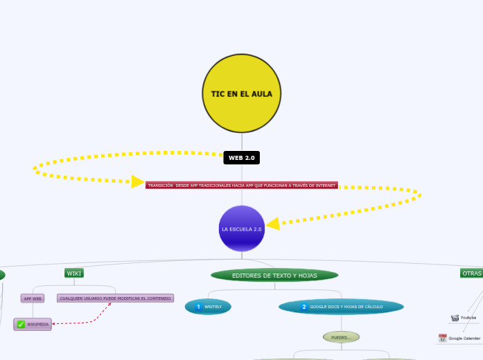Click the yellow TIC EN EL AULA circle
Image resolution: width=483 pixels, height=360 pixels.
pos(242,93)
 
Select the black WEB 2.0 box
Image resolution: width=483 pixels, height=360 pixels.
pos(242,158)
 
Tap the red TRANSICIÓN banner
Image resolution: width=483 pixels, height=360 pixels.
pos(242,186)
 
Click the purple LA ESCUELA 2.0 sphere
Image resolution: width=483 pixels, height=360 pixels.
pos(242,228)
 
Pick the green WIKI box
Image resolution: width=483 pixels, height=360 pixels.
pos(74,273)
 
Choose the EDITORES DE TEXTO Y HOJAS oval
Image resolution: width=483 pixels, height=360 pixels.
pos(274,276)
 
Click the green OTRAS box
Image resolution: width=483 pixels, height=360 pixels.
pos(471,273)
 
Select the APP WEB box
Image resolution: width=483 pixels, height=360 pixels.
pos(33,298)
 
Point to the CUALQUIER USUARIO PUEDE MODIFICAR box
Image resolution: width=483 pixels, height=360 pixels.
pos(115,298)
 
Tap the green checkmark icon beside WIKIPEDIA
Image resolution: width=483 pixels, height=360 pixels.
pos(21,324)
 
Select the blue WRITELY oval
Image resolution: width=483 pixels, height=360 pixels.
pos(208,306)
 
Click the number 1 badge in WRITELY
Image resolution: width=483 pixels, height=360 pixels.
pos(198,306)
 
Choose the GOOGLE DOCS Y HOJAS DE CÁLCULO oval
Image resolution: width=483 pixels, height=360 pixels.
pos(341,306)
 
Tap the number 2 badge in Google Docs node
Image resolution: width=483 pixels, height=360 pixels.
pos(304,306)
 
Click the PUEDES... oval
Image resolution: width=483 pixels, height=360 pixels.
pos(341,337)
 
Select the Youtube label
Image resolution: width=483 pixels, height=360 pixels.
pos(468,318)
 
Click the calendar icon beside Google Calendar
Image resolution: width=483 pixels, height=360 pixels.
pos(442,338)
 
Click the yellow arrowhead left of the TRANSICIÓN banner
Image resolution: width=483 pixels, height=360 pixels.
pos(138,181)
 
